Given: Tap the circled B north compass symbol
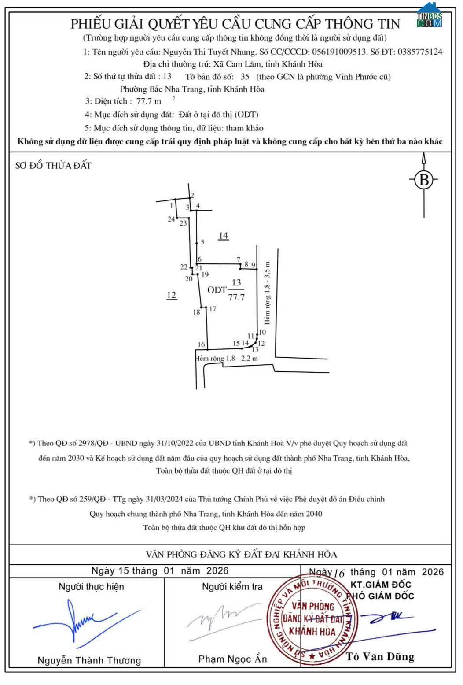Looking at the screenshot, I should [x=424, y=180].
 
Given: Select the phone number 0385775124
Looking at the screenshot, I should [x=420, y=52].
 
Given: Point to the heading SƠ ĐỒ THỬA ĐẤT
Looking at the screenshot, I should [x=53, y=166].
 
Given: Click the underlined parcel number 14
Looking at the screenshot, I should [x=223, y=236].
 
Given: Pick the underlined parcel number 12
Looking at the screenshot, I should [x=172, y=295].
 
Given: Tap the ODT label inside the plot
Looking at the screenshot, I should [x=217, y=290].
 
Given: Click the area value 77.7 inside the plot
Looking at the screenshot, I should [x=236, y=297].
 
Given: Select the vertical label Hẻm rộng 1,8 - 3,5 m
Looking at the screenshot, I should [x=267, y=293].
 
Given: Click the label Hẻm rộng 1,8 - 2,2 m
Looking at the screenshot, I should [x=227, y=359].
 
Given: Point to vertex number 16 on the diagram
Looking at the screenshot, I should [x=201, y=344].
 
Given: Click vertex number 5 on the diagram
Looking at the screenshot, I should [x=202, y=242].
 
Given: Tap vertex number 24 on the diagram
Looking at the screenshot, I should [x=171, y=219].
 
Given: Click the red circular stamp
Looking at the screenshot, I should [x=312, y=619].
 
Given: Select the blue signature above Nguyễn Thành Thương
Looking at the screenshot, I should [x=86, y=622].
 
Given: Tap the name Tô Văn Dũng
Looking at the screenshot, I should [x=380, y=657].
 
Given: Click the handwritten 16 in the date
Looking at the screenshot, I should [x=339, y=573].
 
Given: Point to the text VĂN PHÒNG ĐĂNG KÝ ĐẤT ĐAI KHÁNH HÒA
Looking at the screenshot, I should [x=241, y=555].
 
